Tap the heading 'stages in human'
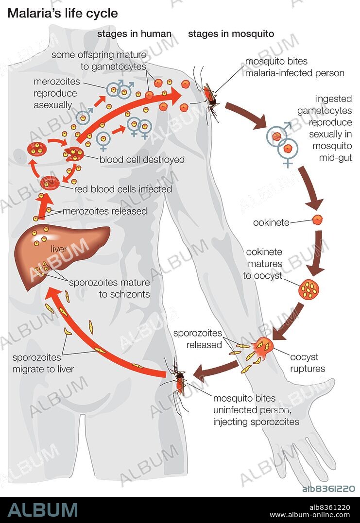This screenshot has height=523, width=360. [x=134, y=34]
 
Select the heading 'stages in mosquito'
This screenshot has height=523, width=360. [x=231, y=34]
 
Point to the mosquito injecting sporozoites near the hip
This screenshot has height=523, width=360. [x=179, y=381]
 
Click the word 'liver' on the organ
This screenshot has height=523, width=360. [x=58, y=249]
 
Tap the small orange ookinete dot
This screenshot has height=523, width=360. [x=317, y=219]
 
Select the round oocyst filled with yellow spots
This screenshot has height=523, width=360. [x=309, y=289]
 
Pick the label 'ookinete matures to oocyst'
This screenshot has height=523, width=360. [x=264, y=264]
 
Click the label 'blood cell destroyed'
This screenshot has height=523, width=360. [x=142, y=159]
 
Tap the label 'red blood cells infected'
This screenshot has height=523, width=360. [x=123, y=189]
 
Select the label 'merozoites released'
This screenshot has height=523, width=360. [x=104, y=211]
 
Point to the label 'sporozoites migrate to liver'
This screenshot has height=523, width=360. [x=43, y=363]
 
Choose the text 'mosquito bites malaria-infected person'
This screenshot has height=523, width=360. [x=294, y=67]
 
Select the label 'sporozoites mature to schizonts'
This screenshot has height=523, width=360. [x=109, y=288]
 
